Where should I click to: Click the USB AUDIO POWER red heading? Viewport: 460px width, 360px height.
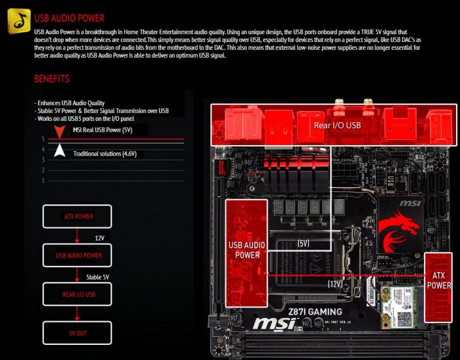(69, 18)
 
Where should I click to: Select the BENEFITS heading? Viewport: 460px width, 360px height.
(52, 79)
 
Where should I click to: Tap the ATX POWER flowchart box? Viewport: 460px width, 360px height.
(78, 216)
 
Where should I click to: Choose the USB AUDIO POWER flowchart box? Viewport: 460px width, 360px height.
(78, 255)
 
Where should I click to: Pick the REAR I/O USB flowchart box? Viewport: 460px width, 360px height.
(78, 294)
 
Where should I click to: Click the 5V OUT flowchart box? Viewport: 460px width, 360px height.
(78, 333)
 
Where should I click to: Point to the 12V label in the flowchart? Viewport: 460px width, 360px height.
(100, 236)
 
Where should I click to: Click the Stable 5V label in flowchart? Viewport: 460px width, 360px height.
(98, 277)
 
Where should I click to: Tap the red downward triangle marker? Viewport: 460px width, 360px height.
(59, 134)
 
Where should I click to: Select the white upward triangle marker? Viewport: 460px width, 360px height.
(59, 150)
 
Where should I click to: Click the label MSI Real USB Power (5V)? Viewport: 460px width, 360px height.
(103, 131)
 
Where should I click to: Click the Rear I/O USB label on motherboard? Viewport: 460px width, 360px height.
(336, 125)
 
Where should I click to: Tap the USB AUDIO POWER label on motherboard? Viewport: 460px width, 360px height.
(247, 250)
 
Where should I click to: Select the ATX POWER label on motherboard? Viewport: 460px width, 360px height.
(440, 281)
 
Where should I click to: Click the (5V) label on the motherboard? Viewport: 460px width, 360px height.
(303, 243)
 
